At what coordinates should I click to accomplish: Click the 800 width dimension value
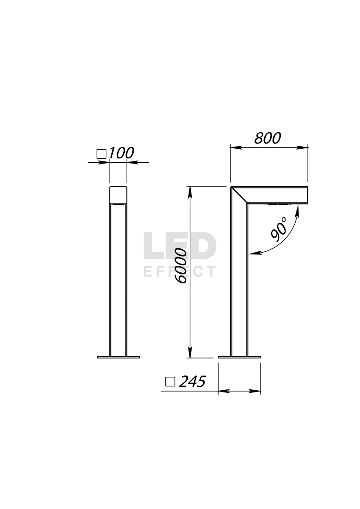coord(267,138)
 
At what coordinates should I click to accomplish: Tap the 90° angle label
coord(279,230)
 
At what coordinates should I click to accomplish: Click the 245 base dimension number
coord(192,382)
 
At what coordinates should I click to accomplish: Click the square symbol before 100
coord(102,154)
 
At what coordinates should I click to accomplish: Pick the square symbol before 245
coord(170,382)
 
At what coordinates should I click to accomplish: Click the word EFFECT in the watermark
coord(180,271)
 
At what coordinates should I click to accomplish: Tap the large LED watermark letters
coord(180,246)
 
